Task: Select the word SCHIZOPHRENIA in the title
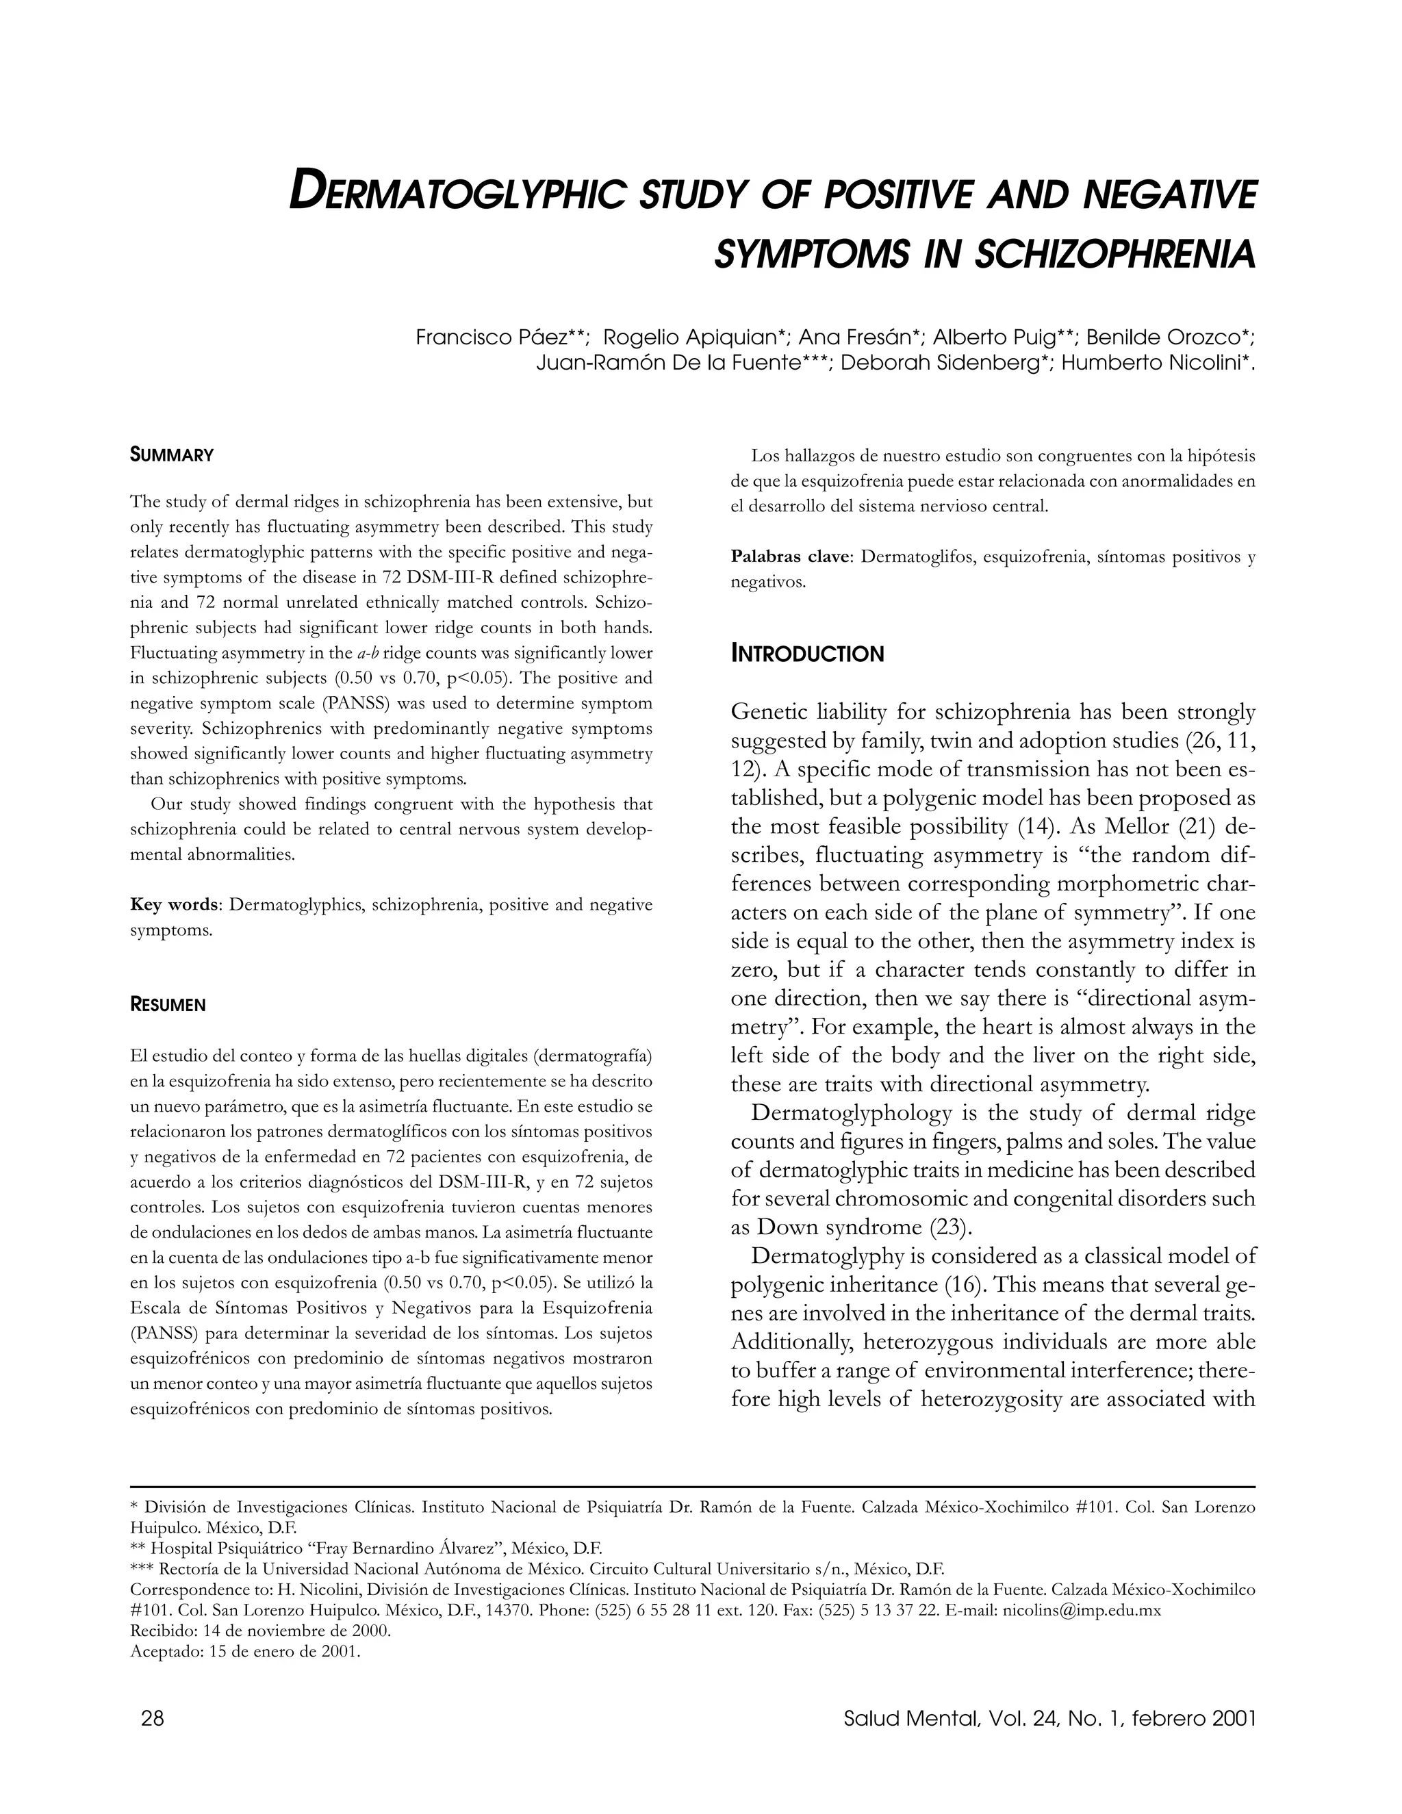pyautogui.click(x=1114, y=254)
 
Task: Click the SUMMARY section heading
pyautogui.click(x=172, y=455)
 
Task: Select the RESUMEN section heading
pyautogui.click(x=168, y=1005)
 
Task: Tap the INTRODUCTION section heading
pyautogui.click(x=807, y=654)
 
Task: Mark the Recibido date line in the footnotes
pyautogui.click(x=260, y=1631)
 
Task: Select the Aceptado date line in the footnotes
pyautogui.click(x=245, y=1650)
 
